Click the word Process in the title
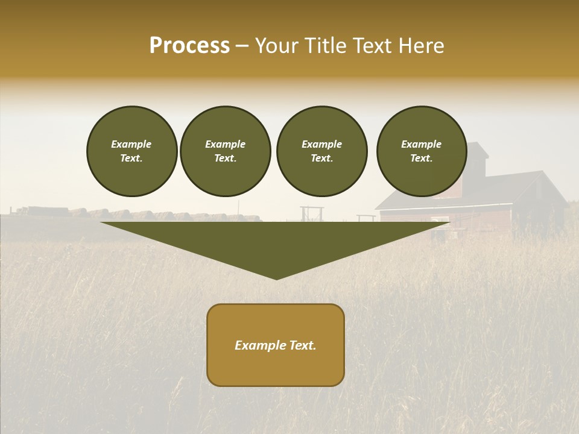[x=189, y=46]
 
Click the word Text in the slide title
[x=375, y=46]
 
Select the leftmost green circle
[x=131, y=151]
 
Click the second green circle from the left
[x=226, y=151]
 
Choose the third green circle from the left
[x=321, y=151]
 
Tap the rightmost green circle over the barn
[x=422, y=151]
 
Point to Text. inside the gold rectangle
[x=303, y=345]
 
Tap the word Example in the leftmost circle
[x=131, y=144]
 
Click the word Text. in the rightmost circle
[x=422, y=159]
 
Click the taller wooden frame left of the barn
[x=311, y=215]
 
